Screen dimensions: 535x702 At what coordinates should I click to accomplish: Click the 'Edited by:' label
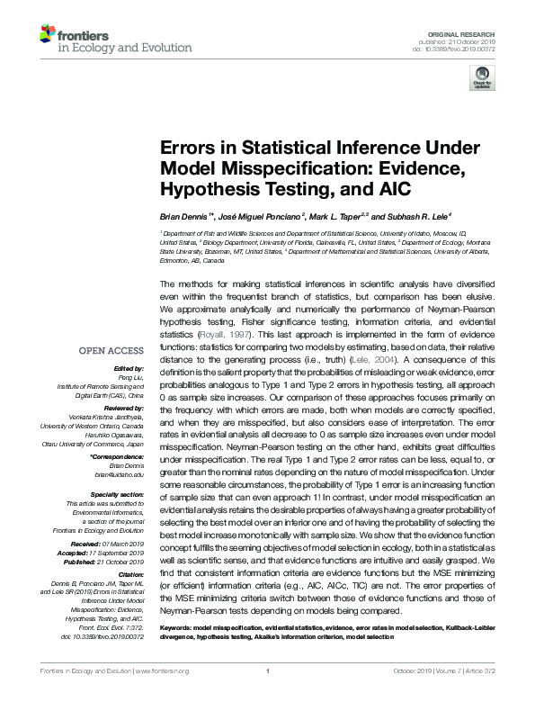click(x=130, y=369)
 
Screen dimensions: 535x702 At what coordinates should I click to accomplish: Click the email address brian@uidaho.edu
click(x=123, y=474)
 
